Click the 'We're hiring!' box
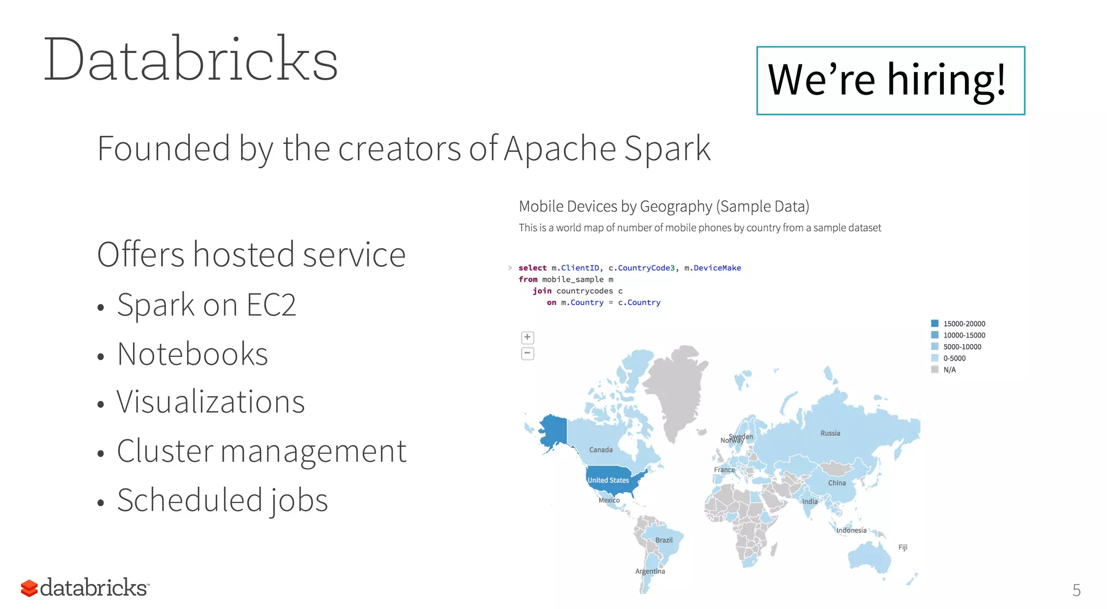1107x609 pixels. (x=890, y=80)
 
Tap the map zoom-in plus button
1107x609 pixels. (x=528, y=337)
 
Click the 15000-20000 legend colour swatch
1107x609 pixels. (x=935, y=323)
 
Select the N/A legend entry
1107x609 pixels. (x=949, y=370)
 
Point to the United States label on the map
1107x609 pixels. (x=608, y=480)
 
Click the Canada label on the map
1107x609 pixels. (x=601, y=450)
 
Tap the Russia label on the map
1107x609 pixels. (x=830, y=433)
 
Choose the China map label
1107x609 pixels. (x=837, y=483)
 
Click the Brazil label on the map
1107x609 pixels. (x=664, y=540)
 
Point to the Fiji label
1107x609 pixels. (x=903, y=547)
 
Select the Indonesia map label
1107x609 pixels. (x=851, y=531)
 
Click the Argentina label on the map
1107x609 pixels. (x=650, y=571)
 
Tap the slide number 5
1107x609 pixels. (x=1076, y=590)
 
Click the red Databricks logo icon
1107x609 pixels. (x=29, y=588)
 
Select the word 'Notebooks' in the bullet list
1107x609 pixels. (x=192, y=354)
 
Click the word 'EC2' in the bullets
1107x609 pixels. (x=271, y=305)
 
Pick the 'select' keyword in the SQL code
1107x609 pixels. (x=532, y=268)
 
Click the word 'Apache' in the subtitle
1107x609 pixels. (x=559, y=149)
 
